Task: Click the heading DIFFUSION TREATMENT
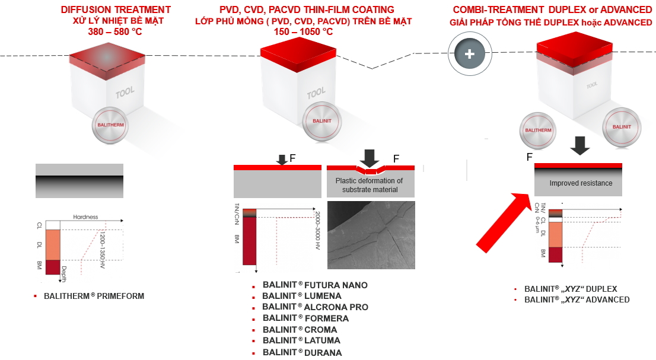[x=116, y=10]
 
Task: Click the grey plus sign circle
[x=470, y=53]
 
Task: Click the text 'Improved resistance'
[x=581, y=183]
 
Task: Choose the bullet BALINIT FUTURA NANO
[x=315, y=285]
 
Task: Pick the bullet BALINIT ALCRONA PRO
[x=315, y=307]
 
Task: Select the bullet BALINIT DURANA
[x=302, y=352]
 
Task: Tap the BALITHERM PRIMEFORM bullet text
[x=94, y=296]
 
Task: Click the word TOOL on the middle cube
[x=316, y=94]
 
